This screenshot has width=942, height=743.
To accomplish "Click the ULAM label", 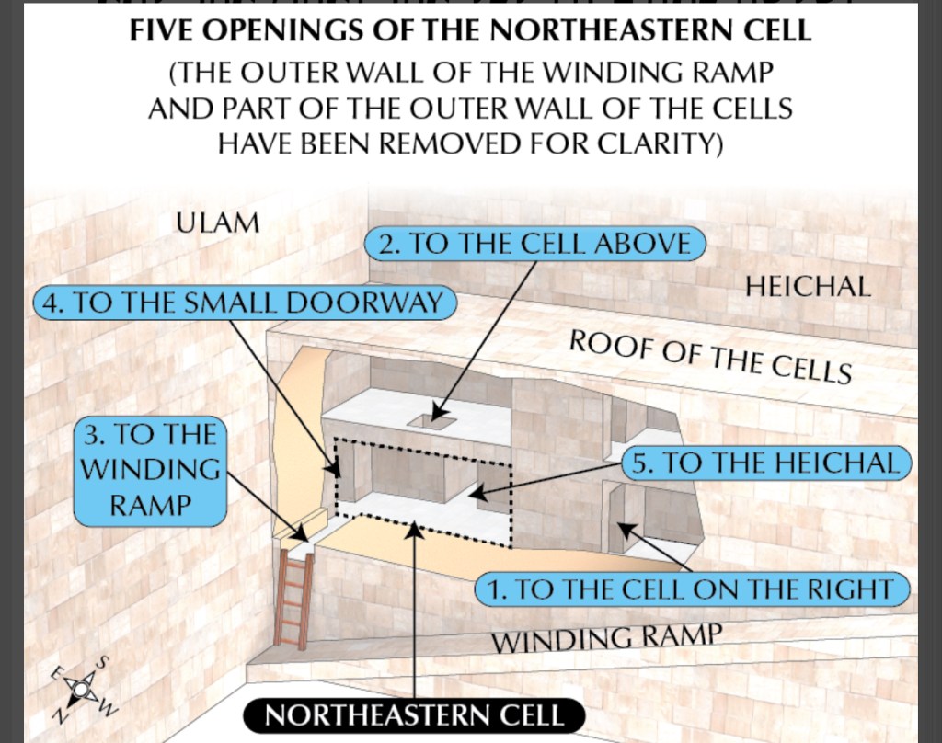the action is point(217,223).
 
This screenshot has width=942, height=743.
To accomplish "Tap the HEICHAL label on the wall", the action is point(808,287).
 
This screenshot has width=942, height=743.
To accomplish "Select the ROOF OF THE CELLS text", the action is point(711,357).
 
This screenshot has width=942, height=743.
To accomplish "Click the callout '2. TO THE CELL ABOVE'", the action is point(534,244).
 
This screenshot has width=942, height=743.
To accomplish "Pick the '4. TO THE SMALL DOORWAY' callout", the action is point(245,303).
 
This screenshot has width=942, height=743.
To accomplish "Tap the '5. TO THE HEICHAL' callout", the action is point(766,463).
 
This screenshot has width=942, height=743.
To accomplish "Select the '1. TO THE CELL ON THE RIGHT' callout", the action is point(692,589).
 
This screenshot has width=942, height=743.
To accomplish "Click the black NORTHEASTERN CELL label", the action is point(414,716).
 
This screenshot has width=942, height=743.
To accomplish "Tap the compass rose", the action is point(81,688).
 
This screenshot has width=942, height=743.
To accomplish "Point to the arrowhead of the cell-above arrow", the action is point(439,413).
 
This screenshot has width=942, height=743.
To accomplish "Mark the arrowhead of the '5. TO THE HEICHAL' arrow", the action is point(477,494).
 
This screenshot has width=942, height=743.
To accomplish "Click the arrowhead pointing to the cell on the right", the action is point(626,529).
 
